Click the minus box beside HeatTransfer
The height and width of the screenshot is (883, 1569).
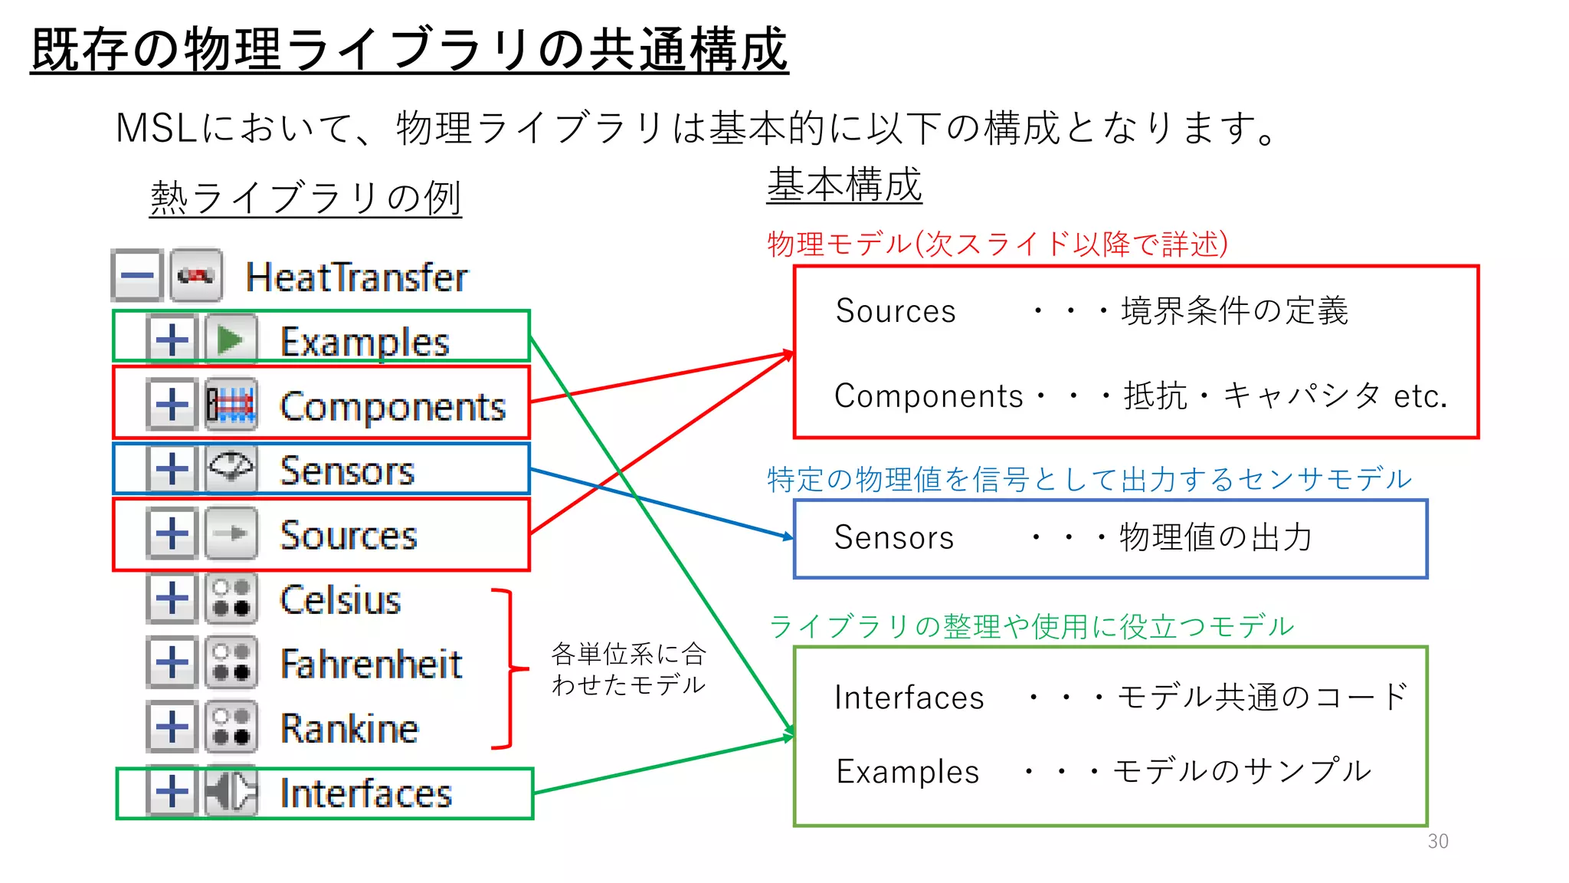pos(137,275)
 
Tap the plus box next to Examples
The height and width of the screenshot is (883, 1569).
pos(172,339)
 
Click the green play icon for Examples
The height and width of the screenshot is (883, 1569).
pos(231,340)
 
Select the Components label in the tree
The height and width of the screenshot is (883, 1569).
pos(392,406)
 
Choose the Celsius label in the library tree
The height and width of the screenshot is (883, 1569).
pos(340,599)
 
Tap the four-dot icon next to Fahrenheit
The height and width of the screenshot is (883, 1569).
pos(231,663)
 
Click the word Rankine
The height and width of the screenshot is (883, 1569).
pos(349,728)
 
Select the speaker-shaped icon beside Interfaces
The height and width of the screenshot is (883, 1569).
pos(231,792)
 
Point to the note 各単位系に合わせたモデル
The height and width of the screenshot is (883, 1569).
pos(628,669)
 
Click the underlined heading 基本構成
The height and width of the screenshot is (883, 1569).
pos(844,185)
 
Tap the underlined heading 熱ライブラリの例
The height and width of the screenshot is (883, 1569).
pos(306,199)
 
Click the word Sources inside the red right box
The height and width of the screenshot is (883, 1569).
pos(895,311)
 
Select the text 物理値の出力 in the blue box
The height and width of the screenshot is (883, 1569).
pos(1216,537)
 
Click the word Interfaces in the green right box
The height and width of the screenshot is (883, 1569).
pos(909,698)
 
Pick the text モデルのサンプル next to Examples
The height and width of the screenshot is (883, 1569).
pos(1241,771)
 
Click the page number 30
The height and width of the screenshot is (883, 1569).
pos(1438,842)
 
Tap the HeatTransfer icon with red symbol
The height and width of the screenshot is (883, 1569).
pos(197,275)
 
